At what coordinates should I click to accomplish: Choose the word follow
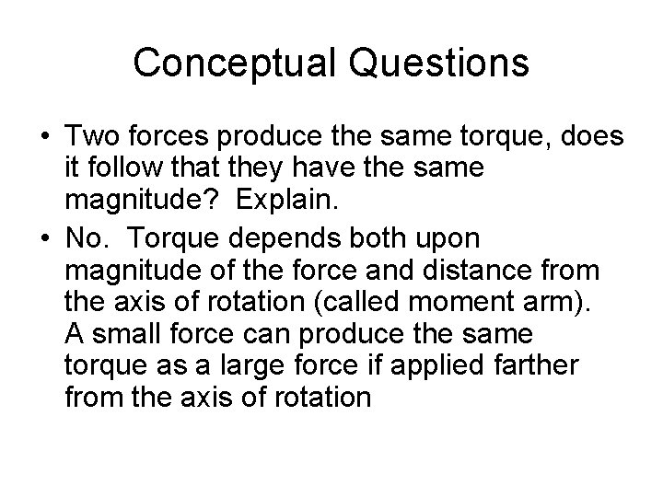coord(134,171)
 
